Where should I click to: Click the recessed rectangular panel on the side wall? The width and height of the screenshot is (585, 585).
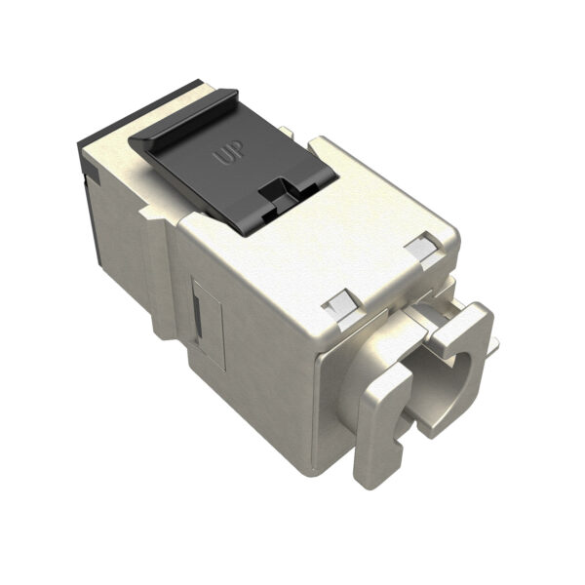(x=207, y=318)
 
